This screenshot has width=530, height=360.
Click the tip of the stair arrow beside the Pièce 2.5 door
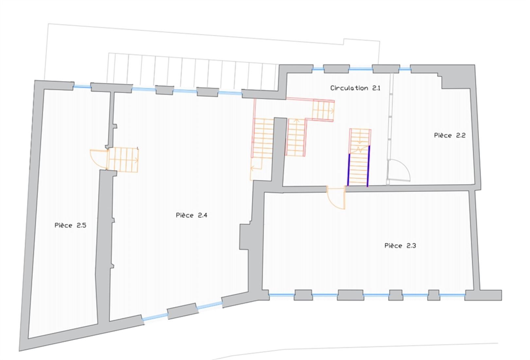[x=138, y=160]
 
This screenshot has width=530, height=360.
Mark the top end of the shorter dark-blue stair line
[x=349, y=154]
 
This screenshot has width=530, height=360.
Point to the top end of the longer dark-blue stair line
[x=369, y=146]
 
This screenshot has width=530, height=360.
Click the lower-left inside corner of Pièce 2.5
[x=28, y=338]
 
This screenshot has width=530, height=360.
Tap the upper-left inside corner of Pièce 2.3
[x=265, y=193]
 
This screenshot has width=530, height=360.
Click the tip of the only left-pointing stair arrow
[x=251, y=169]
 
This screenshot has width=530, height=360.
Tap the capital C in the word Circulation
[x=333, y=88]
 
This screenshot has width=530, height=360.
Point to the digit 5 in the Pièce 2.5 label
[x=84, y=225]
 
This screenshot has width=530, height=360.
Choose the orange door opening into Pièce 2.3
[x=336, y=198]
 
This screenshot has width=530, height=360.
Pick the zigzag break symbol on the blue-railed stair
[x=360, y=150]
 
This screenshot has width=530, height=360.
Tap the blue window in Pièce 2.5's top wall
[x=82, y=87]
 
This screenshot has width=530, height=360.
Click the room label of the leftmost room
[x=70, y=225]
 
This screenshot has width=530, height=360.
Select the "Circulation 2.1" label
[x=355, y=88]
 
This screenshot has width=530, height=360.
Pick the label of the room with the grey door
[x=450, y=135]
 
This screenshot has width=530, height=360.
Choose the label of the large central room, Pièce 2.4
[x=192, y=215]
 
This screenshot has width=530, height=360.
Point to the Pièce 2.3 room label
[x=400, y=246]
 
